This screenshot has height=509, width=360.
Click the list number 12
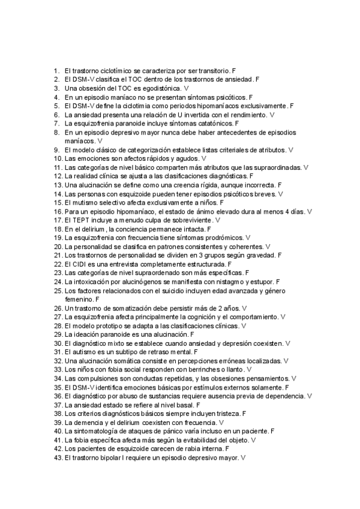pos(58,176)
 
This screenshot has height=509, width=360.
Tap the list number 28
pos(58,325)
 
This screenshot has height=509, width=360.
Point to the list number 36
pos(58,396)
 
